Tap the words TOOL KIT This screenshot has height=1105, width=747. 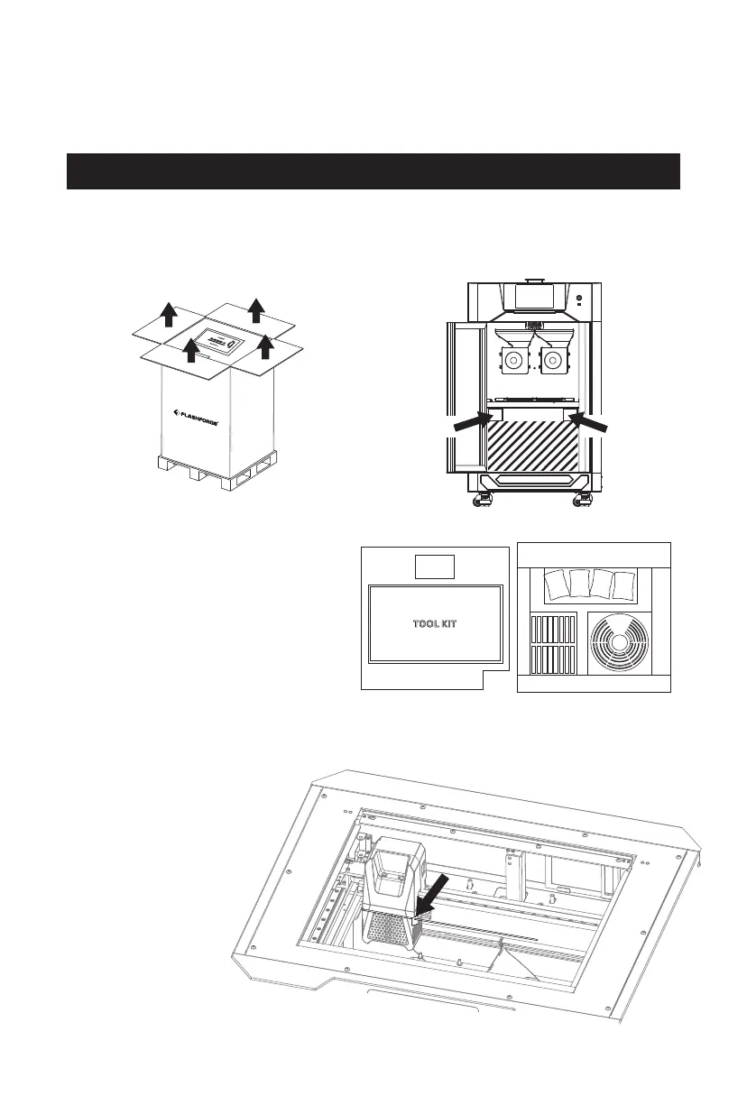(435, 624)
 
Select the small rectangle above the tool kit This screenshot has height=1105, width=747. (434, 566)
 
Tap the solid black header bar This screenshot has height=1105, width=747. (373, 171)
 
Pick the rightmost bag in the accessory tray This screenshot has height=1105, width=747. (622, 585)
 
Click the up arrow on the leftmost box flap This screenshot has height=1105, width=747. (168, 314)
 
